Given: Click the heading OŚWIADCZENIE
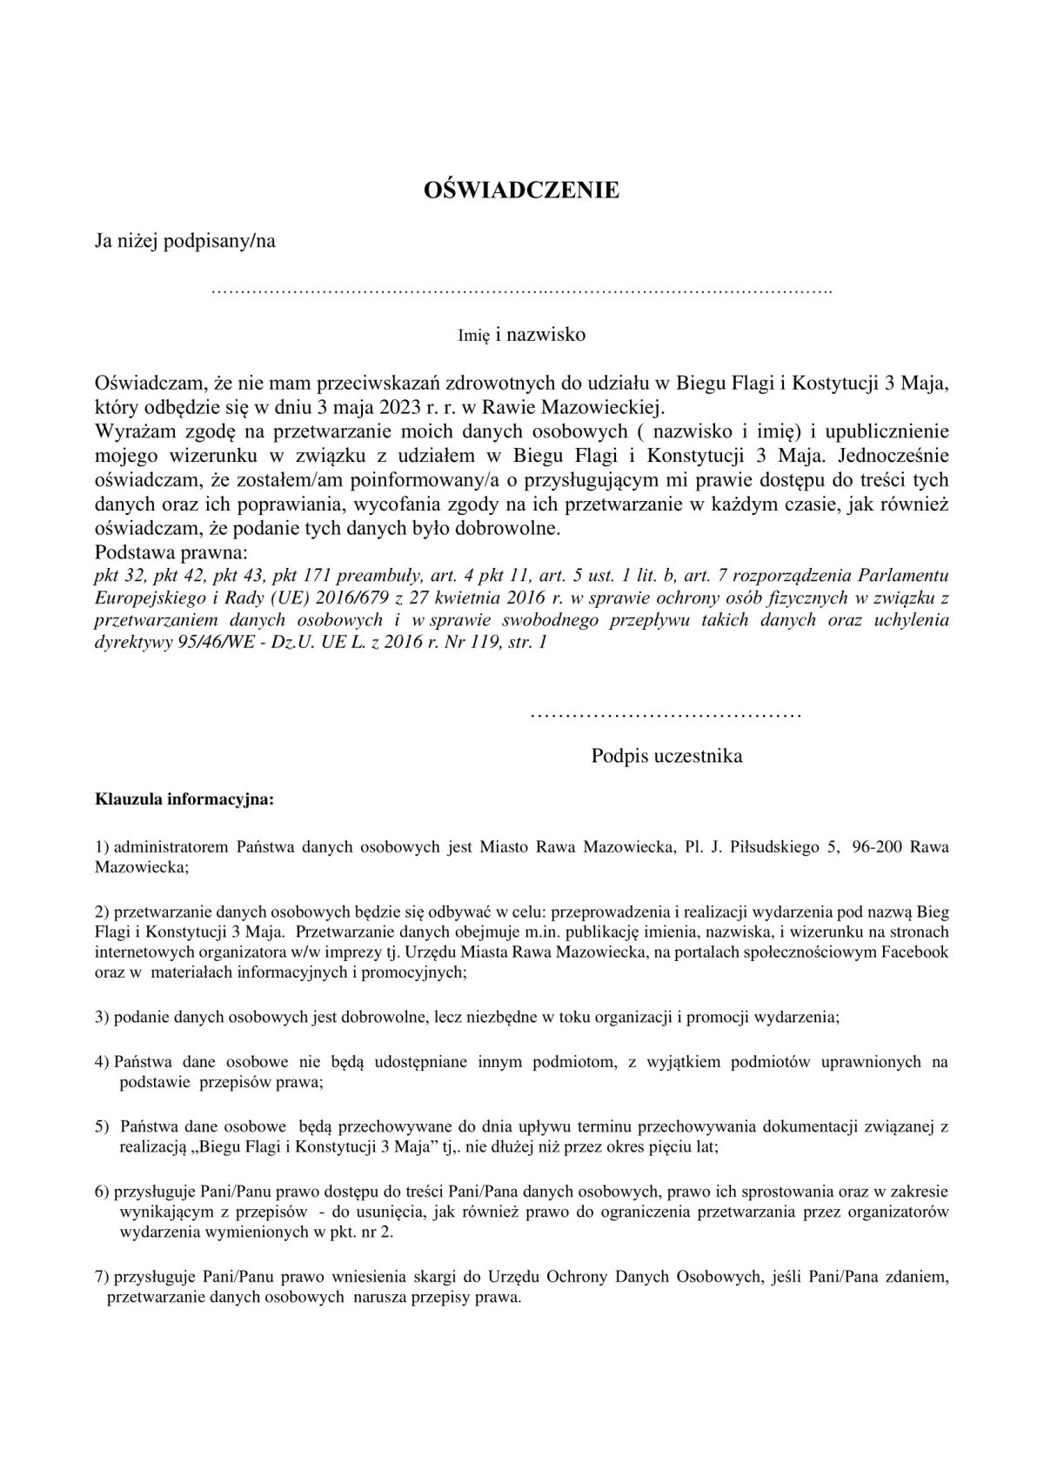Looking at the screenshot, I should tap(520, 190).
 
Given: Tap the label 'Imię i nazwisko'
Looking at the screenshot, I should tap(522, 335).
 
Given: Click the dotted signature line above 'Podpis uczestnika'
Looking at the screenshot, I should tap(665, 715).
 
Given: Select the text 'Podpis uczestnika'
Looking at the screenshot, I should tap(666, 756).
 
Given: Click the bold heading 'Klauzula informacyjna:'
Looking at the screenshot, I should tap(184, 799).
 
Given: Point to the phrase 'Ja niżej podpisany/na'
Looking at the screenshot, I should tap(185, 241).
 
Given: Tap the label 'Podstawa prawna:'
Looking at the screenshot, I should tap(171, 553).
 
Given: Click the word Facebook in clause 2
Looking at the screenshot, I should tap(911, 952).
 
